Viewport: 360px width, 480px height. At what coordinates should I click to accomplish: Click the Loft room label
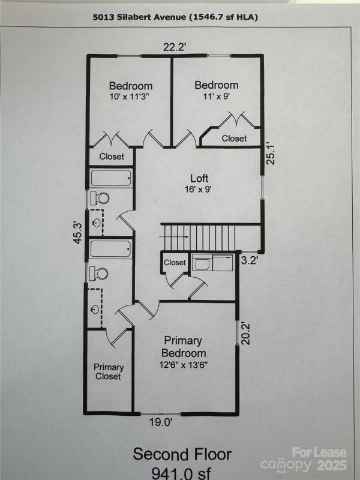(200, 178)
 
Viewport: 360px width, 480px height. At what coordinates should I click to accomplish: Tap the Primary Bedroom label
(184, 347)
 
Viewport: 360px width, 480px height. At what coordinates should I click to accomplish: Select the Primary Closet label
(108, 372)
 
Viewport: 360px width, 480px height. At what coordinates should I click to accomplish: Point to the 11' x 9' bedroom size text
(216, 97)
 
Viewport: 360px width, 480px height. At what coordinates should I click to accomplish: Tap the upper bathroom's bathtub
(111, 178)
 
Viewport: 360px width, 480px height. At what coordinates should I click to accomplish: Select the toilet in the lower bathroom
(99, 274)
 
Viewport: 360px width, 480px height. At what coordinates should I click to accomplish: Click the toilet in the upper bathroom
(99, 198)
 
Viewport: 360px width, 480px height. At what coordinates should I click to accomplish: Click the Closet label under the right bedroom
(234, 138)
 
